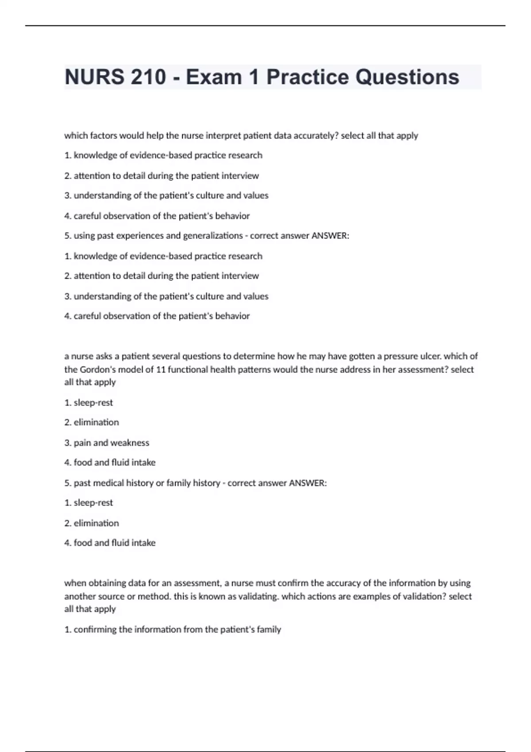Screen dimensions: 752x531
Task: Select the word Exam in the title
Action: pyautogui.click(x=214, y=77)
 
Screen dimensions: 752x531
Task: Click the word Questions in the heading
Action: pyautogui.click(x=407, y=77)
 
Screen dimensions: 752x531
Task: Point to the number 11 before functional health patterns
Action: pyautogui.click(x=161, y=369)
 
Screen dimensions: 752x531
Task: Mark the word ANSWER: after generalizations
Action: pyautogui.click(x=330, y=236)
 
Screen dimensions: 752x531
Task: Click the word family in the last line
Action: pyautogui.click(x=269, y=629)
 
